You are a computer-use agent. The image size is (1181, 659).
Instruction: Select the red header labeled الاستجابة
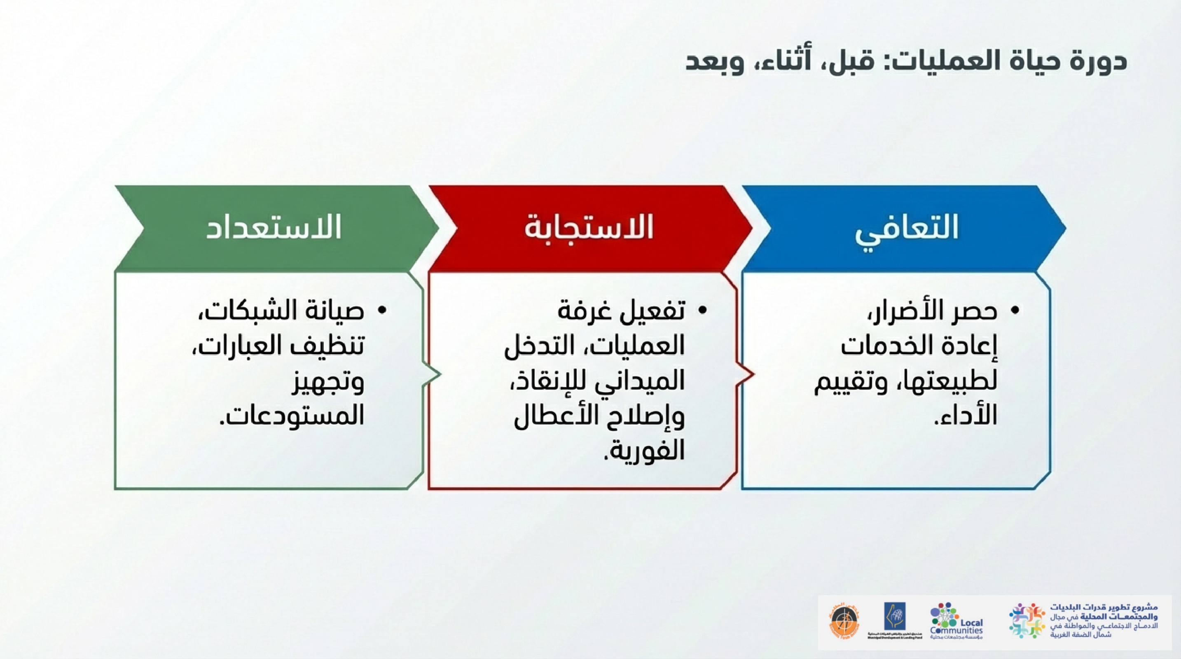click(x=589, y=227)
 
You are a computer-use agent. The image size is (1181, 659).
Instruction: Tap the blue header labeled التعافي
click(x=907, y=227)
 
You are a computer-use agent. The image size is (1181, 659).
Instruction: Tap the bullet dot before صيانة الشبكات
click(x=382, y=311)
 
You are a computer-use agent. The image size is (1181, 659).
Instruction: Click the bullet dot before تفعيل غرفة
click(x=702, y=311)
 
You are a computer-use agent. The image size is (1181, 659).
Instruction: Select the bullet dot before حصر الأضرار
click(x=1015, y=311)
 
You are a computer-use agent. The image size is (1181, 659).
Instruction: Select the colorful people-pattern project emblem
click(x=1027, y=621)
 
